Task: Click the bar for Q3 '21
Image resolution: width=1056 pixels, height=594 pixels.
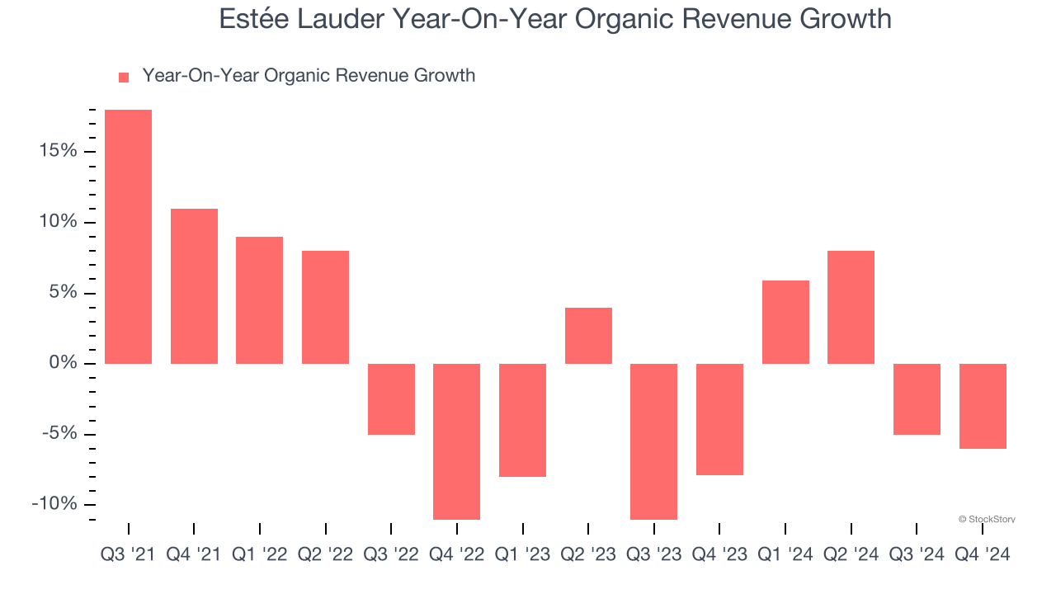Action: pyautogui.click(x=128, y=237)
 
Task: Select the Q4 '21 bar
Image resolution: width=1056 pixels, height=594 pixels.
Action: pyautogui.click(x=194, y=286)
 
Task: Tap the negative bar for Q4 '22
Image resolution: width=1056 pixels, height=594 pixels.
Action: pyautogui.click(x=456, y=441)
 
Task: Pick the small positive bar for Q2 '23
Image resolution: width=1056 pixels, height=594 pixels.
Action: pyautogui.click(x=588, y=336)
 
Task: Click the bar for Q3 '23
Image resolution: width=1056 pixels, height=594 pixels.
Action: pyautogui.click(x=653, y=441)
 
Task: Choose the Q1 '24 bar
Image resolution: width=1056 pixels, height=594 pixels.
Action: pyautogui.click(x=785, y=322)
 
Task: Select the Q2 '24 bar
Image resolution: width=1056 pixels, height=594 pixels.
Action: pyautogui.click(x=851, y=307)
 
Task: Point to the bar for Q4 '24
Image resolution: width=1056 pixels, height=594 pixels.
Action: pyautogui.click(x=983, y=406)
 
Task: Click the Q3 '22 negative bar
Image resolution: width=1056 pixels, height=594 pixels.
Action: pyautogui.click(x=391, y=399)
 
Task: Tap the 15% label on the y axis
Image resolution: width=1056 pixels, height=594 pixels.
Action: pyautogui.click(x=56, y=151)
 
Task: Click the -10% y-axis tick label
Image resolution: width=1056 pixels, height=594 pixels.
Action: pyautogui.click(x=54, y=505)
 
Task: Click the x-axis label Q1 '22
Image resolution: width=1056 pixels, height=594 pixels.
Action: pyautogui.click(x=260, y=554)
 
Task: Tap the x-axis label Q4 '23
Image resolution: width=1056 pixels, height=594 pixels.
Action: pyautogui.click(x=719, y=554)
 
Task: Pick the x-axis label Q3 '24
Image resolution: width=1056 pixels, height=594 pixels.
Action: pyautogui.click(x=917, y=554)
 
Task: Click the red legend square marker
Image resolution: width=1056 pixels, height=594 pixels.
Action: pyautogui.click(x=124, y=78)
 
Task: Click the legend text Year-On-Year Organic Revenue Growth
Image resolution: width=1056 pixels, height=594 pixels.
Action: pyautogui.click(x=309, y=76)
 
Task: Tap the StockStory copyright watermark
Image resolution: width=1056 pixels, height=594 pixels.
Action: pyautogui.click(x=987, y=519)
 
